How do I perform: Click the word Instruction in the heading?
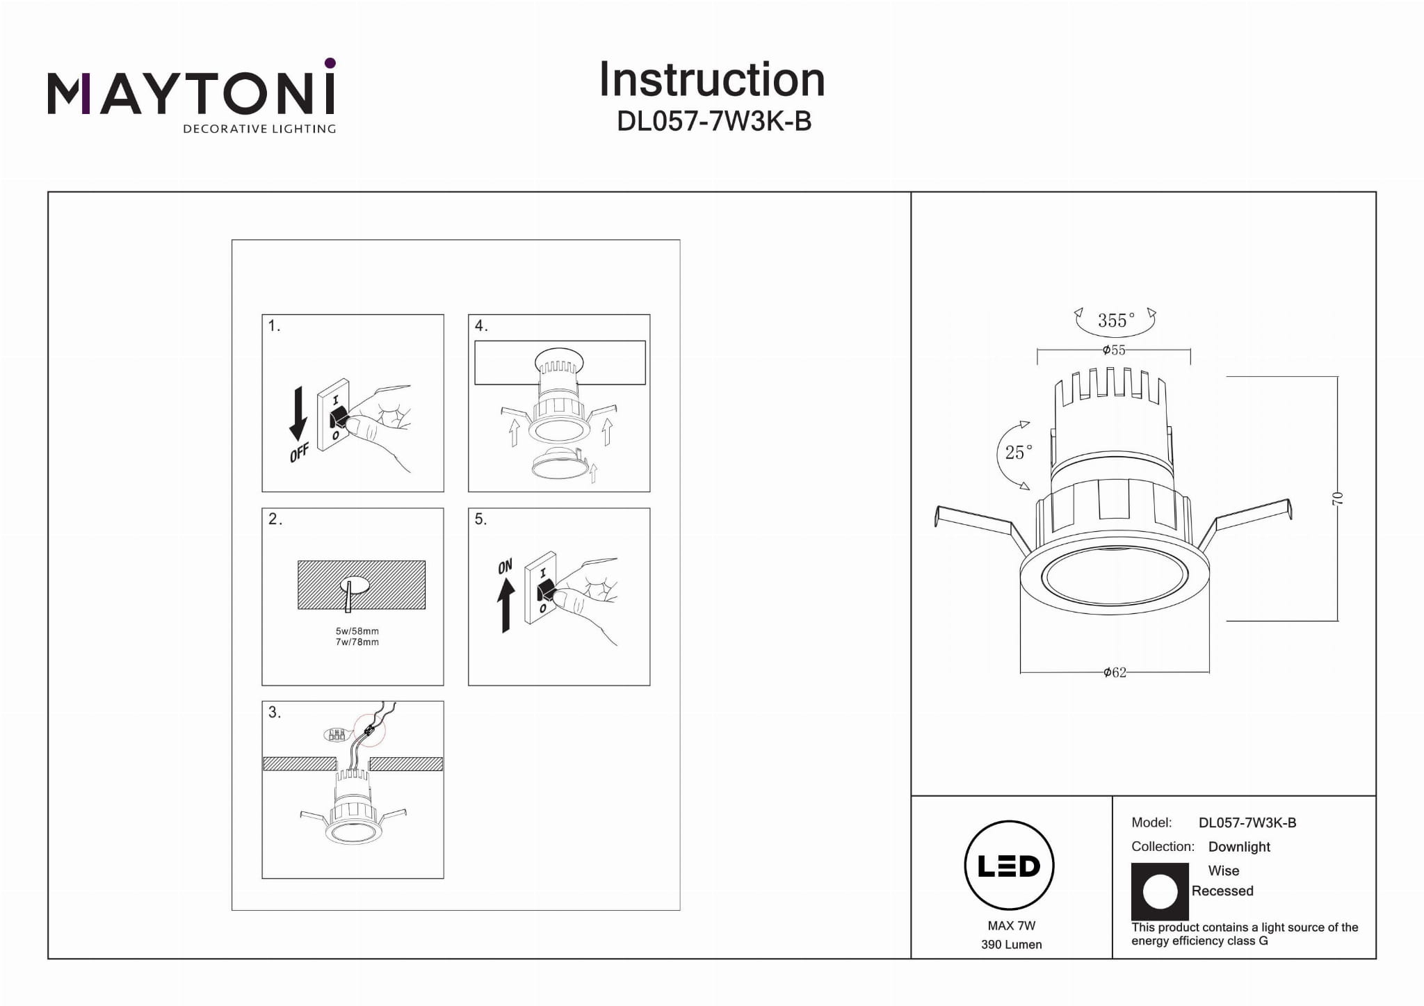pyautogui.click(x=711, y=79)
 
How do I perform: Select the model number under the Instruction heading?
pyautogui.click(x=714, y=122)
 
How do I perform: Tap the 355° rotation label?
pyautogui.click(x=1116, y=321)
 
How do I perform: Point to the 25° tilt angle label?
pyautogui.click(x=1019, y=453)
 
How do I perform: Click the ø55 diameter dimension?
pyautogui.click(x=1114, y=350)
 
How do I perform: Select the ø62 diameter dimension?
pyautogui.click(x=1115, y=672)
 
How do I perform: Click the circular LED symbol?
pyautogui.click(x=1009, y=866)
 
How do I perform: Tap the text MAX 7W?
pyautogui.click(x=1011, y=925)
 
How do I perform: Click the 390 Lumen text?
pyautogui.click(x=1011, y=945)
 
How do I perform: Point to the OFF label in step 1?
pyautogui.click(x=300, y=453)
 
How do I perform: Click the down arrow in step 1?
pyautogui.click(x=298, y=414)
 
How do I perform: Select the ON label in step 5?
pyautogui.click(x=505, y=567)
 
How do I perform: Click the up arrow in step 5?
pyautogui.click(x=506, y=605)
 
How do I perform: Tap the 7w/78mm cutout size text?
pyautogui.click(x=357, y=642)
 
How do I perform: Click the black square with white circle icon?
pyautogui.click(x=1160, y=891)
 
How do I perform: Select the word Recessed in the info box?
pyautogui.click(x=1222, y=891)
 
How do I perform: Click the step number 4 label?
pyautogui.click(x=481, y=326)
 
